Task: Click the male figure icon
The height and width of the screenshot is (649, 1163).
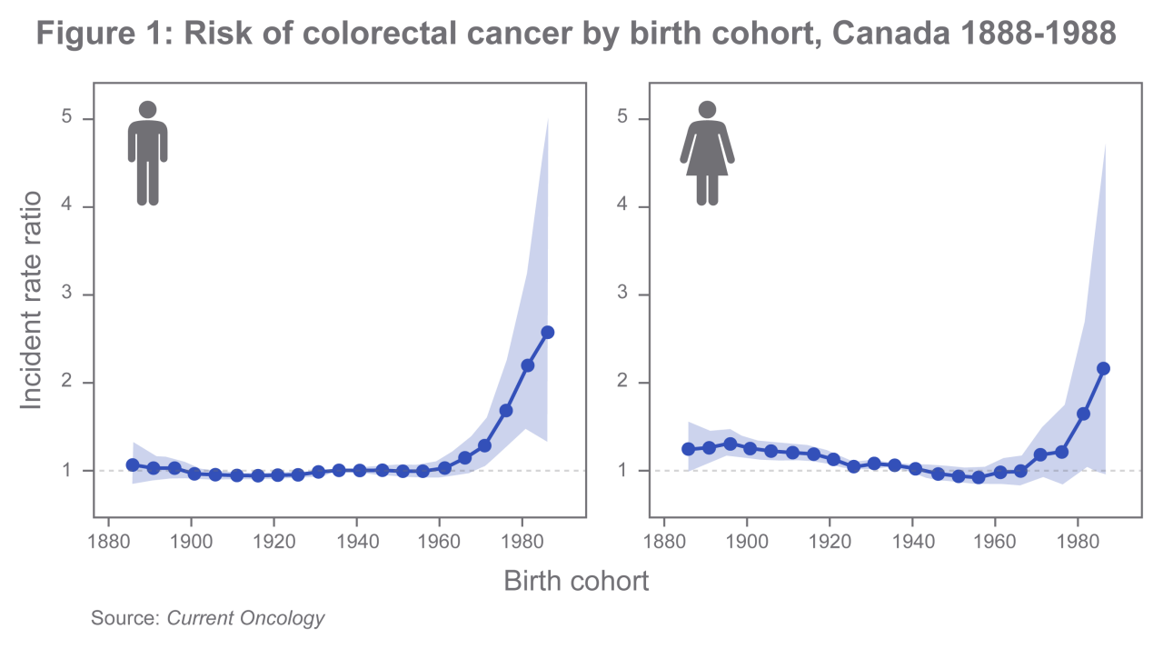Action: pos(147,153)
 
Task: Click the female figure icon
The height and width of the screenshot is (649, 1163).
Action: pos(707,153)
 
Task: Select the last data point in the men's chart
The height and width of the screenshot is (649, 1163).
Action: pos(547,333)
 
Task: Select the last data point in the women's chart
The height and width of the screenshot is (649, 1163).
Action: pos(1104,368)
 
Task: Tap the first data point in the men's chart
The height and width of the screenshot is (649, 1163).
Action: pos(133,464)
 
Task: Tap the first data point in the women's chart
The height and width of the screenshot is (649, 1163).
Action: pos(688,449)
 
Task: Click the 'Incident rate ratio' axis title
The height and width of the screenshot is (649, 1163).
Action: pos(32,300)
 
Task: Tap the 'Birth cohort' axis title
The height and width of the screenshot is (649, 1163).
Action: pos(576,581)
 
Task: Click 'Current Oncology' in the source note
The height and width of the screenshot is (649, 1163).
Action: pos(245,618)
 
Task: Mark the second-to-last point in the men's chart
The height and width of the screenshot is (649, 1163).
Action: pos(527,365)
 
